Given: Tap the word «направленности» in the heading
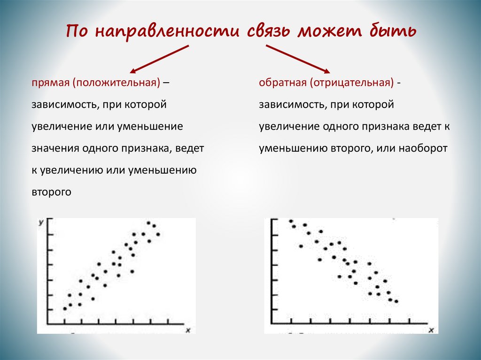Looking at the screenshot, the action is click(167, 32).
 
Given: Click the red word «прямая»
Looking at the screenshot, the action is click(50, 83).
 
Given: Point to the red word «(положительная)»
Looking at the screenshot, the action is click(116, 83).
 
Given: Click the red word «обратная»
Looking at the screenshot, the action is click(282, 83).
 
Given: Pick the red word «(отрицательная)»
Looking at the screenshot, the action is click(351, 83).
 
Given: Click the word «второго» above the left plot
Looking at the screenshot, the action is click(52, 192).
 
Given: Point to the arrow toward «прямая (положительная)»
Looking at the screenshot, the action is click(159, 59).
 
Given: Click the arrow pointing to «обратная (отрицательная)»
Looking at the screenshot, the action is click(298, 59).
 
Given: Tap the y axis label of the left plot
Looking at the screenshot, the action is click(41, 222).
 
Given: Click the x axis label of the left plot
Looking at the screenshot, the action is click(188, 330).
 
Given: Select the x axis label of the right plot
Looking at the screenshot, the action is click(431, 330).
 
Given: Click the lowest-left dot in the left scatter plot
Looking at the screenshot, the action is click(65, 308).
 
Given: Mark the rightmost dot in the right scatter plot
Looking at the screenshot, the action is click(396, 301).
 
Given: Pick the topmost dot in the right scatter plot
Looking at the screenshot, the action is click(291, 221).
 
